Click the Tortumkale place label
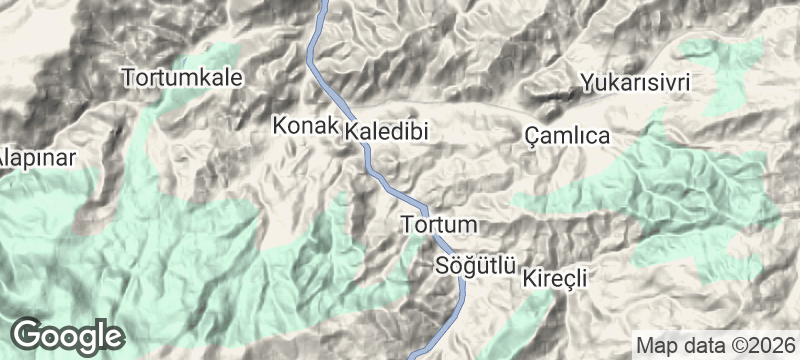[x=182, y=77]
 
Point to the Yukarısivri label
[x=637, y=82]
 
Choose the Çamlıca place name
[x=567, y=136]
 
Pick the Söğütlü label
[x=475, y=266]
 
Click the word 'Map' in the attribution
[x=655, y=346]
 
